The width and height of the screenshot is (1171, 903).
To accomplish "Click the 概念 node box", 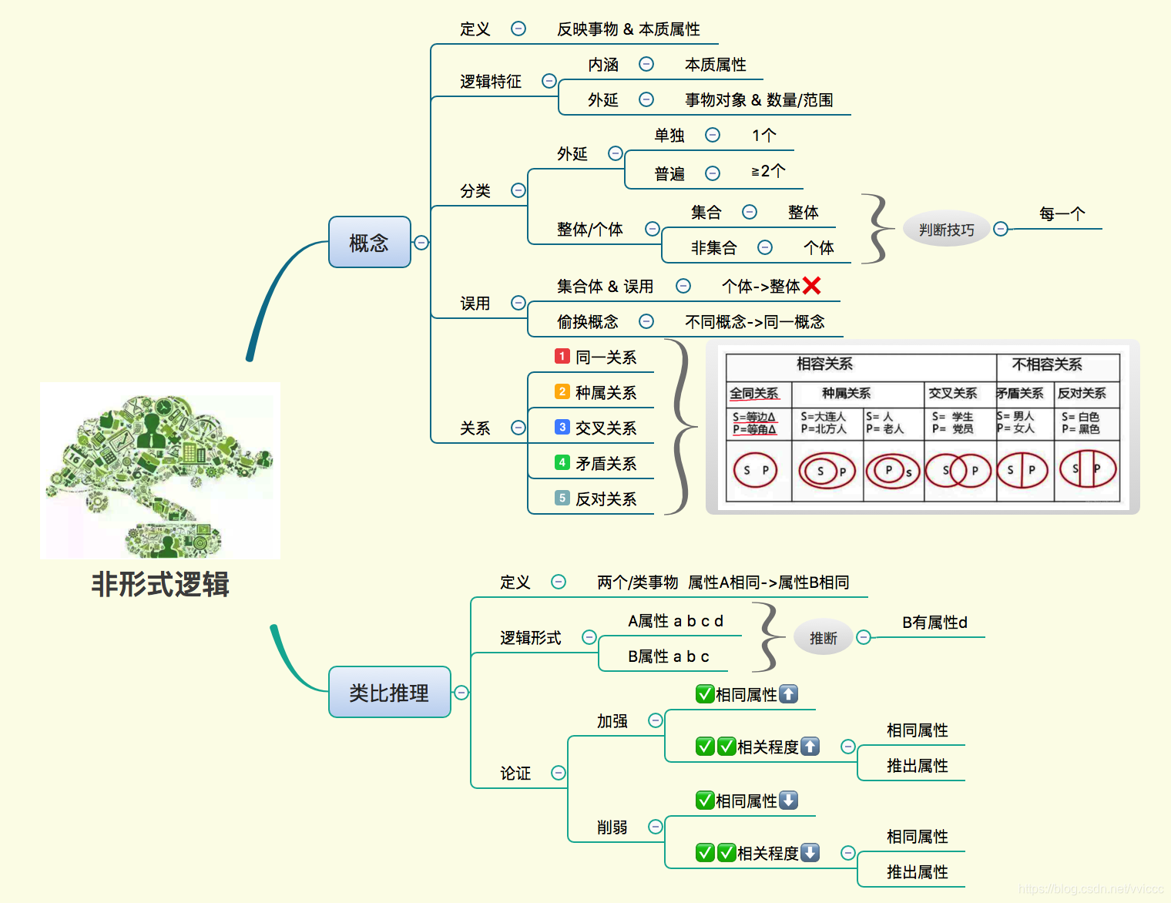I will pos(369,243).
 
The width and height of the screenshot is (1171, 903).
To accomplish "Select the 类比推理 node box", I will pos(389,692).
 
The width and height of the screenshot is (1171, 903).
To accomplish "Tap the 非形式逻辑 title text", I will pos(160,584).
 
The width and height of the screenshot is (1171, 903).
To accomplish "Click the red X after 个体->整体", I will pos(811,286).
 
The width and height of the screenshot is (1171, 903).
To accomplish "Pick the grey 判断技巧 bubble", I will pos(946,230).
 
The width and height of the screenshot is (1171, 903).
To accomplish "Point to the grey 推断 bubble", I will pos(823,638).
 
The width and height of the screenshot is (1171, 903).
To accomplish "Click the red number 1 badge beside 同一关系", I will pos(562,356).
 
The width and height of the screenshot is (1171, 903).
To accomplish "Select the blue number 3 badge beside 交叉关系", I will pos(562,427).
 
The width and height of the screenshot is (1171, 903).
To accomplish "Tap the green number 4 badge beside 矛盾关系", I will pos(562,462).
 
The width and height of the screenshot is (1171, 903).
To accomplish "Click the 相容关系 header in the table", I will pos(824,364).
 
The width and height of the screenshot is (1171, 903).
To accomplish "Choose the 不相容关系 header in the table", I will pos(1046,364).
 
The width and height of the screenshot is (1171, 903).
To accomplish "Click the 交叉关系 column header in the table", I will pos(952,393).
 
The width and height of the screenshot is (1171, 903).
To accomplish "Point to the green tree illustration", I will pos(160,470).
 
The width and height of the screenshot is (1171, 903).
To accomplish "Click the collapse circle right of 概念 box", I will pos(421,243).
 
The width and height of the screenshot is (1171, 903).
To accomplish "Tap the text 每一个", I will pos(1062,213).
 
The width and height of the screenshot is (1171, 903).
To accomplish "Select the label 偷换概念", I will pos(587,321).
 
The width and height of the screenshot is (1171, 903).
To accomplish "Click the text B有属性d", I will pos(934,622).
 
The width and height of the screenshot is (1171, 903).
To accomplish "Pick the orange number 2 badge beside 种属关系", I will pos(562,391).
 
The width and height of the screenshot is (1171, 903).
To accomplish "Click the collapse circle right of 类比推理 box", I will pos(461,693).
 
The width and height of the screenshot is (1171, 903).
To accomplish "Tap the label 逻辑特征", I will pos(490,81).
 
